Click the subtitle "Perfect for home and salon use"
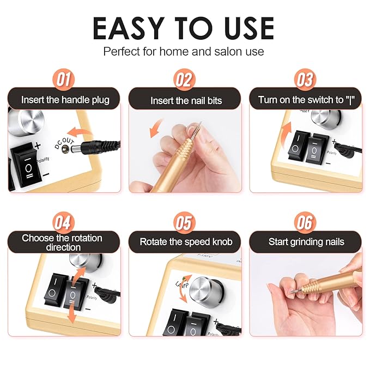tap(184, 52)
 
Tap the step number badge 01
tap(63, 80)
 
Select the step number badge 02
tap(184, 80)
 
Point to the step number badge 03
tap(305, 80)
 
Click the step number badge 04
tap(63, 222)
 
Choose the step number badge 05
tap(184, 222)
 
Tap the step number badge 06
tap(305, 222)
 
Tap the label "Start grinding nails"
tap(306, 241)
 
